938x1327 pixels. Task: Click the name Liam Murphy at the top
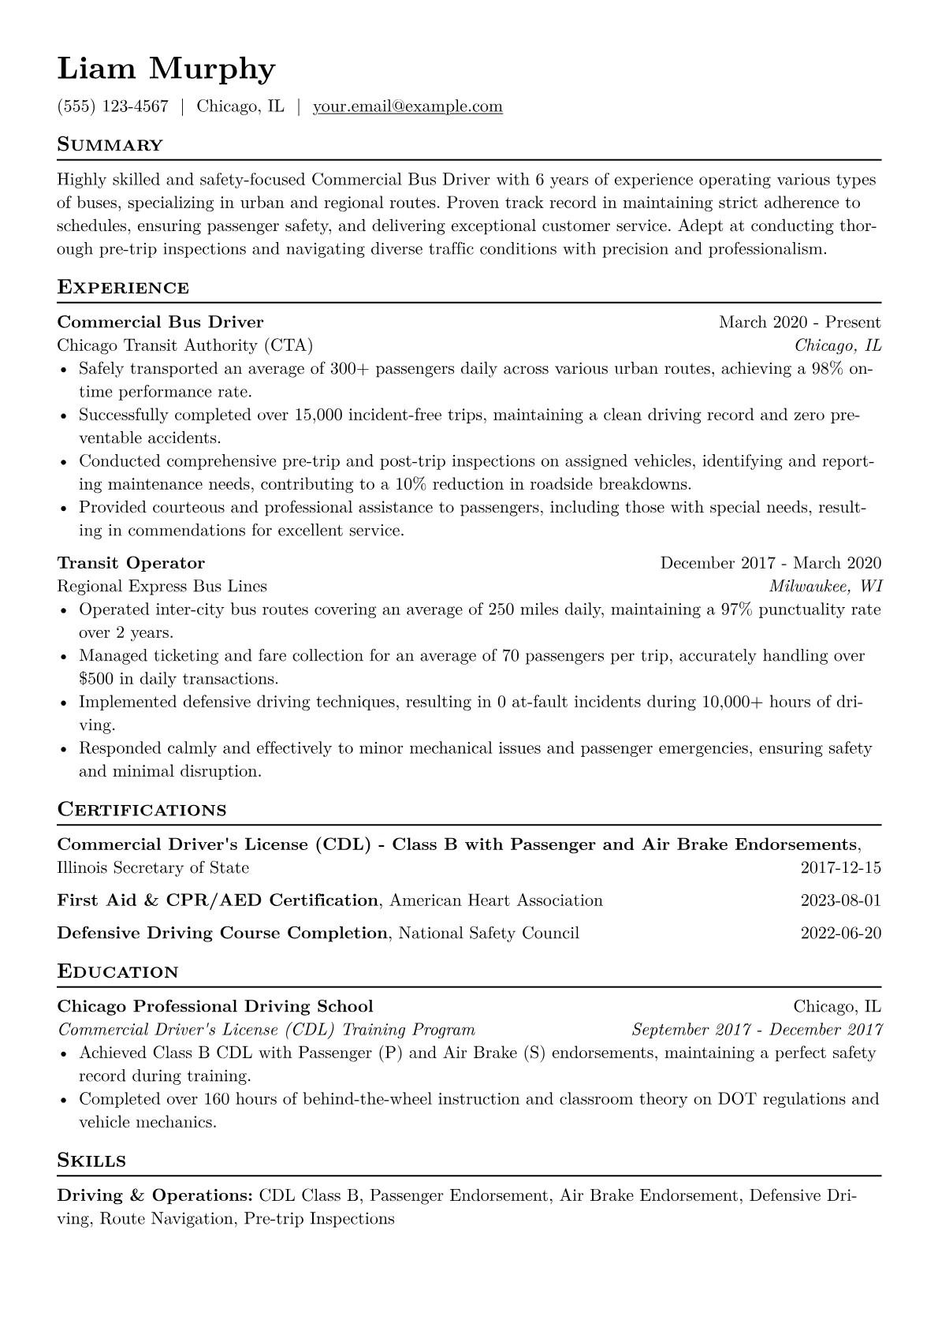coord(166,70)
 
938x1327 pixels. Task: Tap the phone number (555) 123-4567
coord(113,106)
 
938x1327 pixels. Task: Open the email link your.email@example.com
coord(408,106)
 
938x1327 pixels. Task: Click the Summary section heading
coord(110,145)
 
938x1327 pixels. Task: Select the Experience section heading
coord(123,287)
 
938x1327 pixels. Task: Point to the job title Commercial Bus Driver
coord(160,322)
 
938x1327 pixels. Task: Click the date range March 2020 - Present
coord(799,322)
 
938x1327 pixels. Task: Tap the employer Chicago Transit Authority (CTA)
coord(184,345)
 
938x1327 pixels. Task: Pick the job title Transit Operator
coord(131,563)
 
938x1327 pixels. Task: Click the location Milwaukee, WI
coord(825,586)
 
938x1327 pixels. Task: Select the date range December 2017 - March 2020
coord(770,563)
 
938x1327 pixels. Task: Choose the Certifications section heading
coord(142,810)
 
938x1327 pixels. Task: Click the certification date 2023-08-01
coord(840,900)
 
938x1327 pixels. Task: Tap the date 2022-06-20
coord(840,933)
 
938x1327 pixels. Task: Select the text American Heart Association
coord(496,900)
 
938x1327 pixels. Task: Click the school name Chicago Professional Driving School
coord(215,1006)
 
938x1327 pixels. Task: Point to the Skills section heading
coord(91,1161)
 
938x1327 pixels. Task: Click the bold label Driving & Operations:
coord(154,1195)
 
